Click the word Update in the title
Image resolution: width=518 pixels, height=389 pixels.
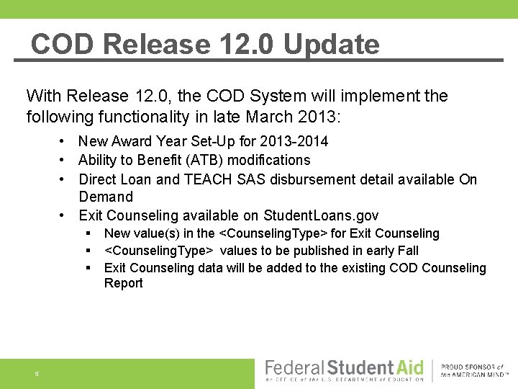click(x=331, y=45)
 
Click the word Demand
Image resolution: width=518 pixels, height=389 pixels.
click(x=106, y=197)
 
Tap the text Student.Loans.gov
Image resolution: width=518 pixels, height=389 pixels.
click(x=321, y=215)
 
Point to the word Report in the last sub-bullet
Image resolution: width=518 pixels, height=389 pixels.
click(x=123, y=283)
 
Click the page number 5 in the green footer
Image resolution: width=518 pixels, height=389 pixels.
click(x=36, y=374)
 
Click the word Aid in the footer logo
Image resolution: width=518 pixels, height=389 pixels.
click(x=409, y=367)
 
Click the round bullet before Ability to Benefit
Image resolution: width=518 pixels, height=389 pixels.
click(x=64, y=160)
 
